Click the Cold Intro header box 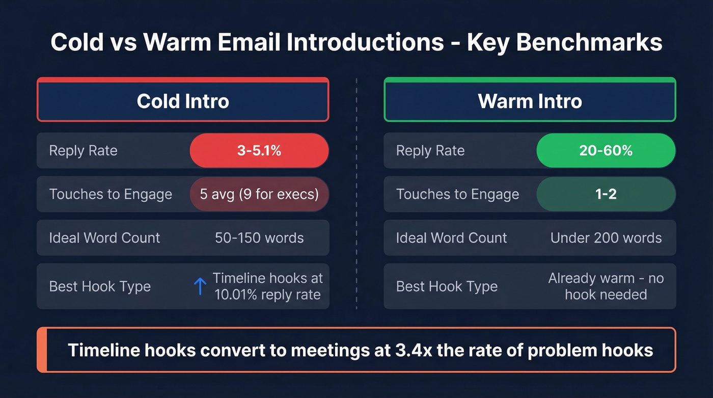click(x=183, y=100)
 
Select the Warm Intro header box click(x=530, y=100)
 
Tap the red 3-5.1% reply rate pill click(x=259, y=151)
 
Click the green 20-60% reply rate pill click(x=606, y=151)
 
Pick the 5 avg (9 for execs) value click(x=259, y=194)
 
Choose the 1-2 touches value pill click(x=606, y=194)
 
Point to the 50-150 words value click(x=259, y=238)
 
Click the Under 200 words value click(x=606, y=238)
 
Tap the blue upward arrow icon click(x=200, y=286)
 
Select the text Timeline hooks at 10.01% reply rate click(x=268, y=286)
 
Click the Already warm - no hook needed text click(x=606, y=286)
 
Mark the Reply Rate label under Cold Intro click(x=83, y=151)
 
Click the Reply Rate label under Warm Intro click(x=430, y=151)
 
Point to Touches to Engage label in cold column click(x=111, y=194)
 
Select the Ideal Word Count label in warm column click(x=451, y=238)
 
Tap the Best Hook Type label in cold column click(x=100, y=286)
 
